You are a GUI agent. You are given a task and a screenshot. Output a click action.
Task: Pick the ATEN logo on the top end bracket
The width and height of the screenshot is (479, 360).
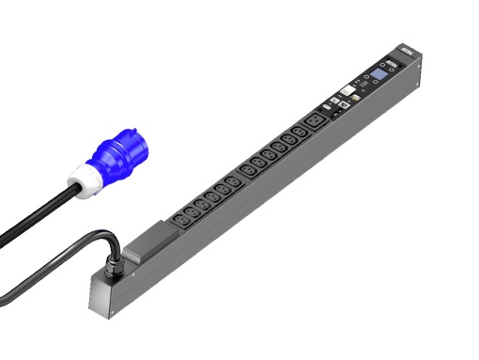tap(406, 47)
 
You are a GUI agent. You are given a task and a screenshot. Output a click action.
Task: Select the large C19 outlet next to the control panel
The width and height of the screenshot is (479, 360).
tap(316, 122)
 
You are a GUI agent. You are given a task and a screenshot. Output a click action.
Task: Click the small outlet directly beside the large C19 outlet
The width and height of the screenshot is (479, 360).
tap(298, 134)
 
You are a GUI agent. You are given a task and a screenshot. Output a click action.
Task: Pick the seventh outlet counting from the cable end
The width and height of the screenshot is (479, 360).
tap(246, 172)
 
